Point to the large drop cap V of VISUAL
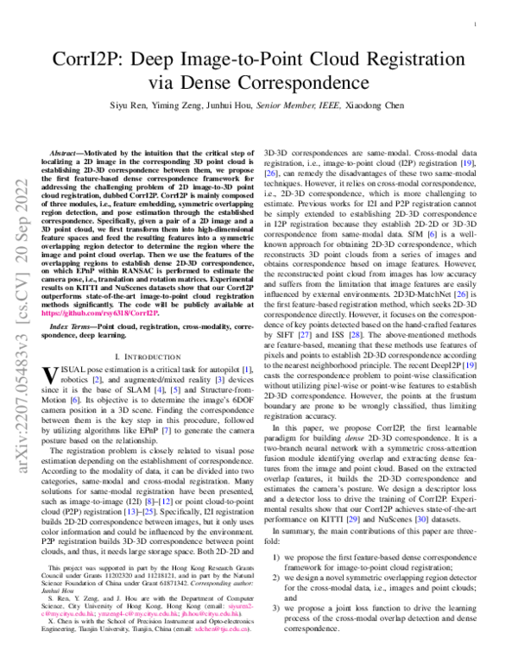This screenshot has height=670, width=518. pos(50,375)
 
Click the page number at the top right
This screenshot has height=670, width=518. pos(477,27)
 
